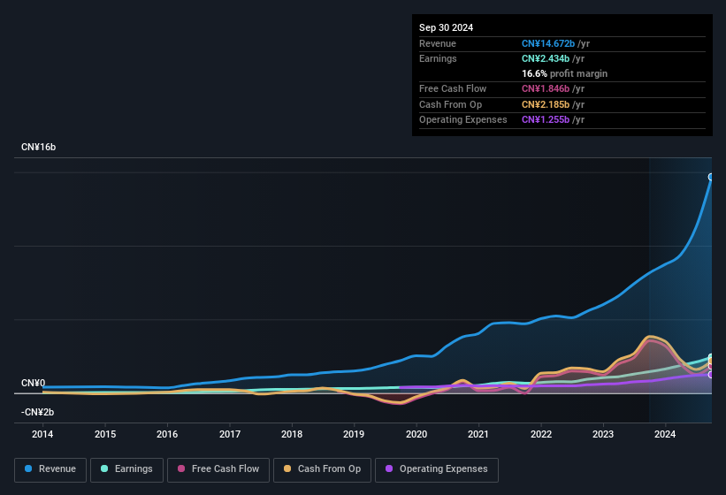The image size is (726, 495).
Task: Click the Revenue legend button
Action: tap(50, 469)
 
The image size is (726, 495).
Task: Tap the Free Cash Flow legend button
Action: tap(218, 469)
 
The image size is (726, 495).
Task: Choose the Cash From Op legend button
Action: tap(322, 469)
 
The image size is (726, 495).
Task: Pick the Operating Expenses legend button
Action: tap(437, 469)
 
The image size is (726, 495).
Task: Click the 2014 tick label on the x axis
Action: tap(42, 434)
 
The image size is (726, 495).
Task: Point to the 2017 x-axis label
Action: tap(230, 434)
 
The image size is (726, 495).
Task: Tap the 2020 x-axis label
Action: tap(416, 434)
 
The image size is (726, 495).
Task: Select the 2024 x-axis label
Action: tap(665, 434)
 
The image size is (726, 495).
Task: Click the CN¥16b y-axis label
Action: tap(39, 147)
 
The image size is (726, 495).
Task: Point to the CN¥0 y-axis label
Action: tap(33, 383)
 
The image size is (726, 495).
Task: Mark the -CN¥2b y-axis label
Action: tap(38, 412)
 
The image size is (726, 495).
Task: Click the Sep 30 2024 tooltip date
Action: tap(446, 27)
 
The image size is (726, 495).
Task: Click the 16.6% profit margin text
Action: tap(564, 73)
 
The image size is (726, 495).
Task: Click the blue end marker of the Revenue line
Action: tap(711, 177)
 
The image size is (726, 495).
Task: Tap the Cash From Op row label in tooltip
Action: tap(450, 104)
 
